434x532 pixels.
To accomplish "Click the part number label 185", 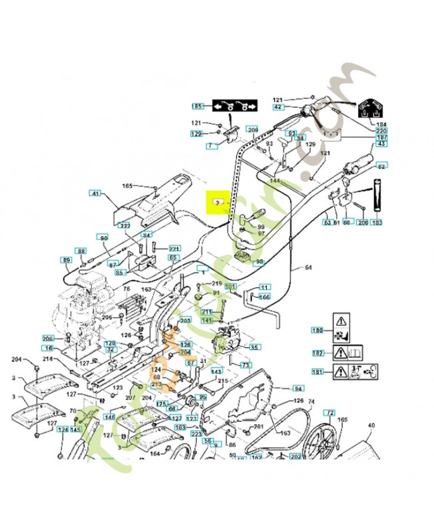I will [x=197, y=106].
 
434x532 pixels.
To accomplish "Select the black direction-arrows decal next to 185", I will [x=234, y=106].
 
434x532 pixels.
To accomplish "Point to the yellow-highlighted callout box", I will [x=217, y=201].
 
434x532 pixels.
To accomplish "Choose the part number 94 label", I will [x=298, y=388].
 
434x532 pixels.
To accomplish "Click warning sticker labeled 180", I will [x=318, y=331].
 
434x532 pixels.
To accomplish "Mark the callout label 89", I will [x=66, y=259].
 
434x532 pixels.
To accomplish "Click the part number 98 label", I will [x=260, y=261].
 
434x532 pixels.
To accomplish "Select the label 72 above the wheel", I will [x=329, y=413].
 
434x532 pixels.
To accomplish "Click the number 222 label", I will [x=124, y=225].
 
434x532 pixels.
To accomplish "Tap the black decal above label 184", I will [x=372, y=110].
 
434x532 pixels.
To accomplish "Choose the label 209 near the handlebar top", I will [x=252, y=129].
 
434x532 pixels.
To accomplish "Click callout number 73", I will [x=246, y=365].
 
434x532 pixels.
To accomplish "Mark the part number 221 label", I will [x=174, y=248].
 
